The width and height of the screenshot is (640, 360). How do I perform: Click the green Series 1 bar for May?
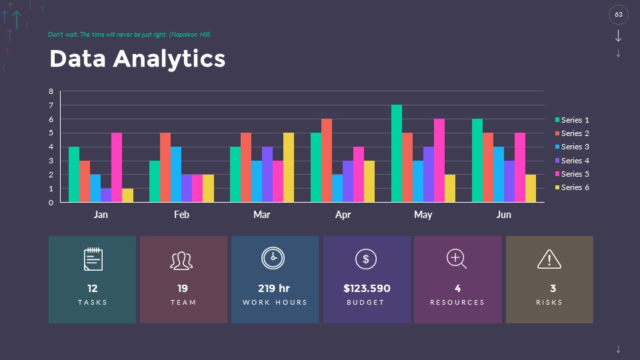coord(397,153)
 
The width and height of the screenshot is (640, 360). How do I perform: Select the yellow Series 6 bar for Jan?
coord(127,195)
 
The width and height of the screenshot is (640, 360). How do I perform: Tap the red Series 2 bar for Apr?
coord(327,161)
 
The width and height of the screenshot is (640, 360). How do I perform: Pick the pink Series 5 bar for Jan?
coord(117,167)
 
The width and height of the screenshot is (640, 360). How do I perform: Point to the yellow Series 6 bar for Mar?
coord(289,167)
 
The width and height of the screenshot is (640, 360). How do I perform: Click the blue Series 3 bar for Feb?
coord(176,175)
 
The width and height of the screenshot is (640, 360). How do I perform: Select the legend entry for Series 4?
coord(573,161)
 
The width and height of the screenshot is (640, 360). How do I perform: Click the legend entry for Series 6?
coord(573,187)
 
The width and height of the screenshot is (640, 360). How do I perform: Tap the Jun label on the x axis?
coord(503,215)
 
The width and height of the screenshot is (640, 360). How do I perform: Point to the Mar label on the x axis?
coord(261,215)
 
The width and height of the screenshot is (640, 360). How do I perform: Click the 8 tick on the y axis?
coord(51,91)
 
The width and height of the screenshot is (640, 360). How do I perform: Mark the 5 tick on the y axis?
coord(51,133)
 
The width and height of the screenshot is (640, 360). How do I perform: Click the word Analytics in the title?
coord(169,59)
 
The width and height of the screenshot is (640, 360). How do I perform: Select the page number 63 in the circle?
coord(619,14)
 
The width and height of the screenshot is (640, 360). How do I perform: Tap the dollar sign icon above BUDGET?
coord(365,259)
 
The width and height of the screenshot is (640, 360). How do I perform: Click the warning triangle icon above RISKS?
coord(549,259)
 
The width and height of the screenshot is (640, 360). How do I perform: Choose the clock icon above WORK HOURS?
coord(273,258)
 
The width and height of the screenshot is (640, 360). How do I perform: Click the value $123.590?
coord(367,289)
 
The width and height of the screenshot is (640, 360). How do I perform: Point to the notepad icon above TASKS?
coord(93,259)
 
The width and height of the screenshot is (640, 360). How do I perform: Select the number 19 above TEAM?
coord(183,289)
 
